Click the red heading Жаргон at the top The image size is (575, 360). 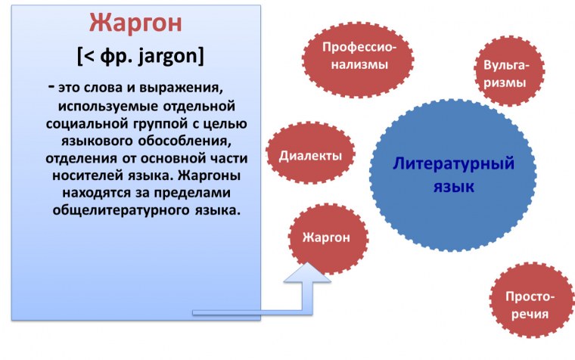point(135,23)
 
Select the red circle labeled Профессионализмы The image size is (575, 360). point(359,55)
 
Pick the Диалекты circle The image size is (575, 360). point(311,156)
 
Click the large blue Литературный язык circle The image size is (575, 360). point(453,174)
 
